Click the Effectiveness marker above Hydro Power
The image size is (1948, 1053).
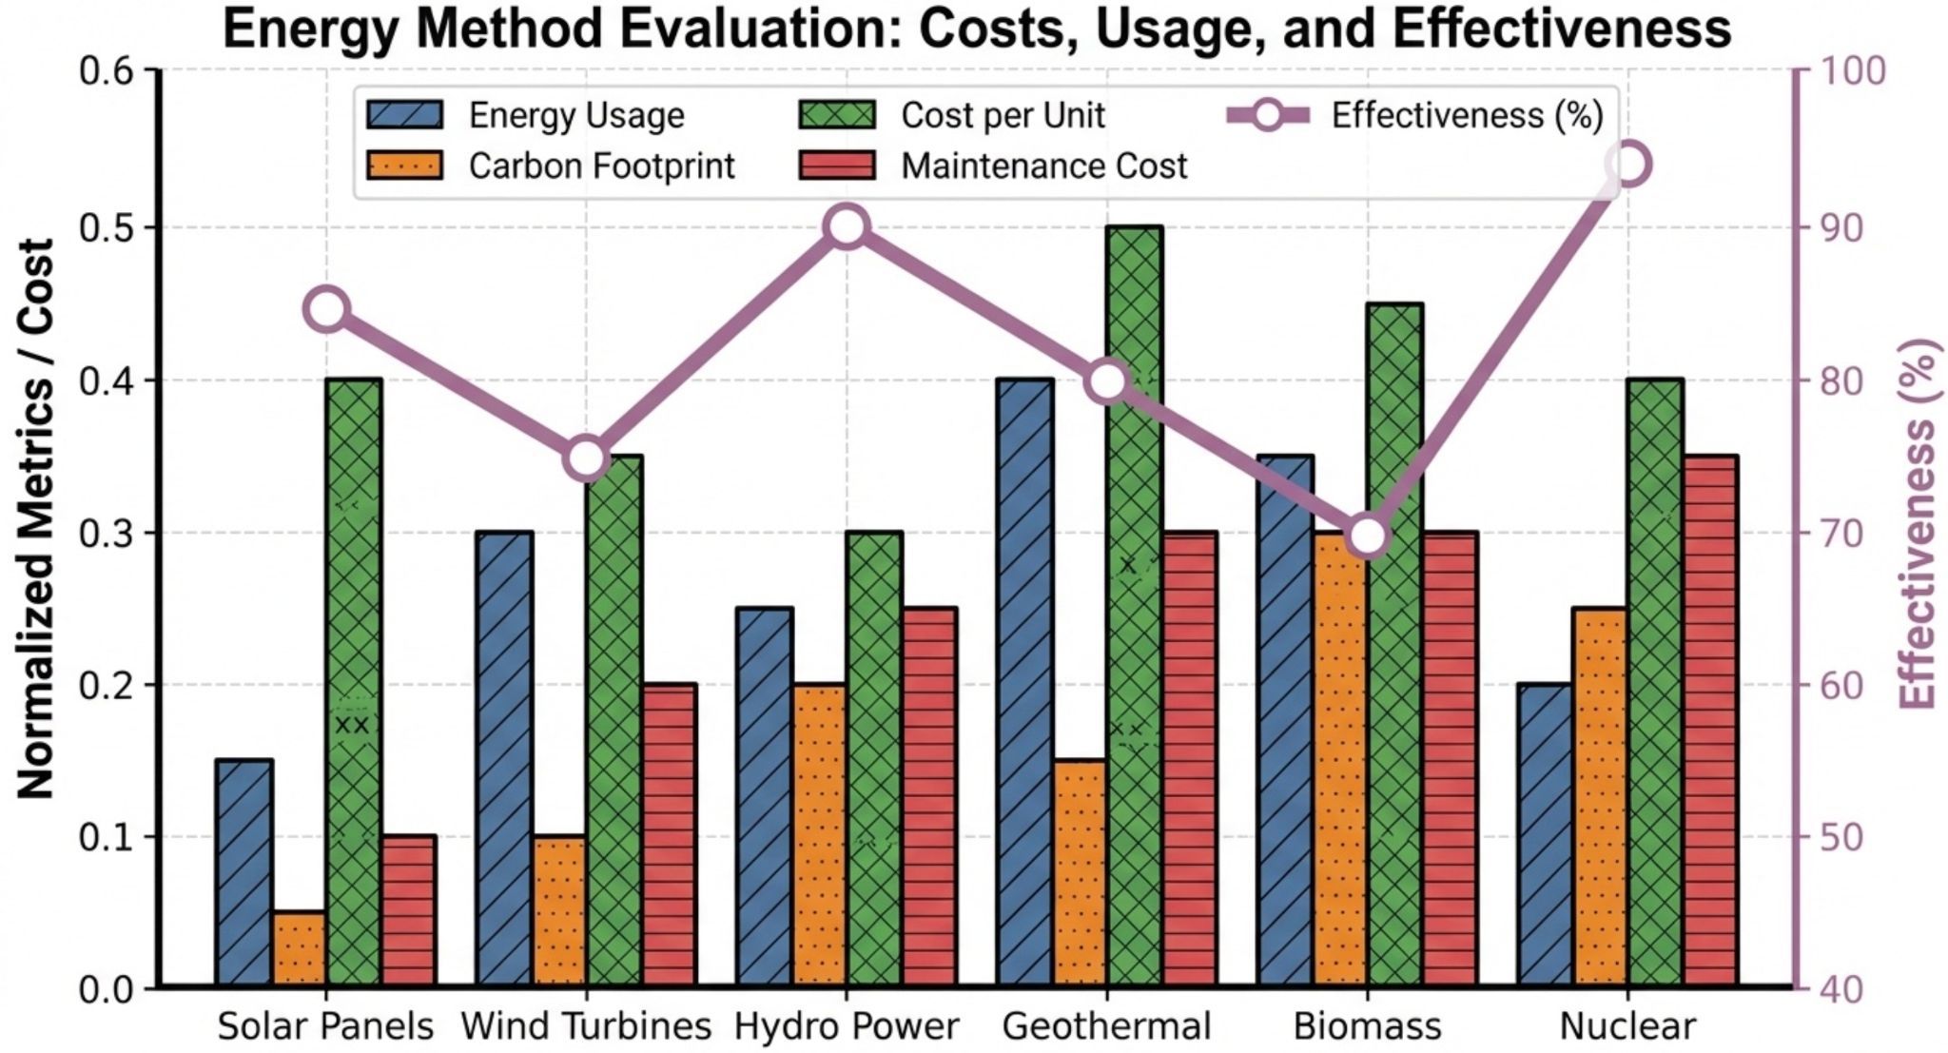[847, 227]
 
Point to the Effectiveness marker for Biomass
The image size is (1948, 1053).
[1368, 536]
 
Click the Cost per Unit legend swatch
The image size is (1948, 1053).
[836, 116]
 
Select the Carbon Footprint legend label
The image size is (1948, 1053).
[601, 166]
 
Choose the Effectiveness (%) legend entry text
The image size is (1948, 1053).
[1467, 116]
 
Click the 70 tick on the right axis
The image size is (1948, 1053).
[1851, 533]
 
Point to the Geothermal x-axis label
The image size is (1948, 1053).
[1107, 1027]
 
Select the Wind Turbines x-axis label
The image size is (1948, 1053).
[586, 1027]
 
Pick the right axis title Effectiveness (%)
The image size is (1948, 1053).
[1919, 523]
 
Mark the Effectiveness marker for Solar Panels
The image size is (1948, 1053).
[328, 309]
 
